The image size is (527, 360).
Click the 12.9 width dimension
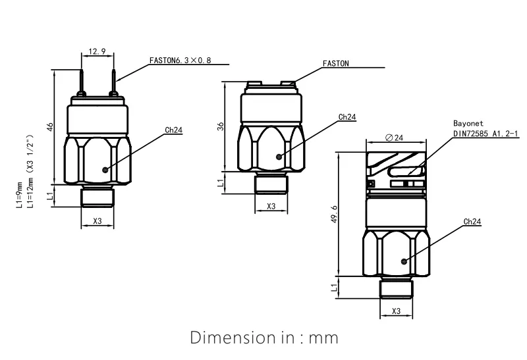pyautogui.click(x=97, y=51)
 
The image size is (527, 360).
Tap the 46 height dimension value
pyautogui.click(x=50, y=126)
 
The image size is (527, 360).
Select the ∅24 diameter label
pyautogui.click(x=393, y=137)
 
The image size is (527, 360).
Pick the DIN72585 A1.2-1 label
pyautogui.click(x=486, y=133)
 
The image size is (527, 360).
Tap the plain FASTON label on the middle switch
pyautogui.click(x=336, y=64)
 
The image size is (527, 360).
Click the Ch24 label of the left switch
pyautogui.click(x=174, y=130)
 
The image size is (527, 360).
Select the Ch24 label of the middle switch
pyautogui.click(x=347, y=117)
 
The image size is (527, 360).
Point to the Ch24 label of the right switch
pyautogui.click(x=472, y=222)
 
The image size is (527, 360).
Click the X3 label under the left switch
pyautogui.click(x=97, y=221)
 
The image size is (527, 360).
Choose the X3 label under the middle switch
pyautogui.click(x=271, y=206)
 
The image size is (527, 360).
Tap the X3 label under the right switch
pyautogui.click(x=396, y=311)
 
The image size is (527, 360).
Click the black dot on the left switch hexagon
pyautogui.click(x=105, y=169)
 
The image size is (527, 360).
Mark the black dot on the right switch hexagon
pyautogui.click(x=404, y=261)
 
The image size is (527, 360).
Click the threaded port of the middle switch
pyautogui.click(x=271, y=184)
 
